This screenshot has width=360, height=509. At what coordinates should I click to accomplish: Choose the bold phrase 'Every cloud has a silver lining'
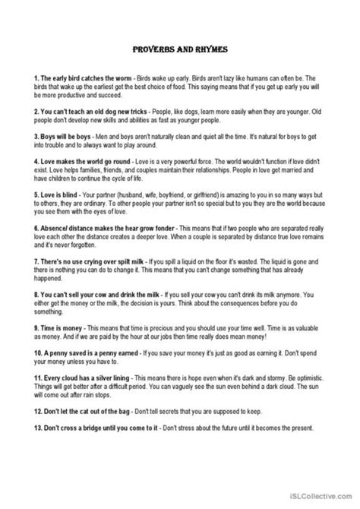point(84,375)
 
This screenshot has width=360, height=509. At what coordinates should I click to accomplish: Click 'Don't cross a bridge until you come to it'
point(98,428)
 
